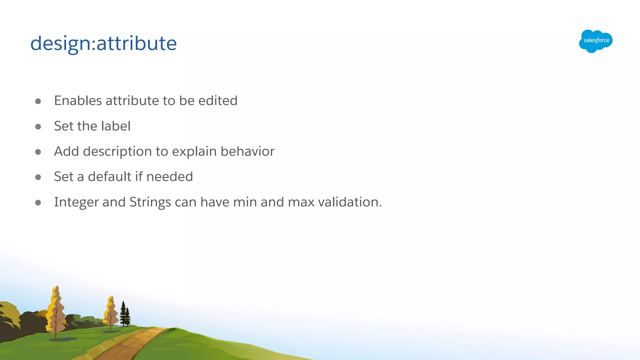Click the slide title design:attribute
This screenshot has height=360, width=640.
click(x=103, y=43)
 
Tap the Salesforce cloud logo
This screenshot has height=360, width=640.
click(x=596, y=41)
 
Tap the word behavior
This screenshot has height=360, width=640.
click(x=247, y=151)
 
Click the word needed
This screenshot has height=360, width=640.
click(x=169, y=177)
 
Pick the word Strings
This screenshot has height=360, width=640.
click(x=150, y=202)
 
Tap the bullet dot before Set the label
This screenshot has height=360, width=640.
click(x=38, y=127)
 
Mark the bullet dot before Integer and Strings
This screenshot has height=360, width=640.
click(x=38, y=202)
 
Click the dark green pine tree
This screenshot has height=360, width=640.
click(x=125, y=314)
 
